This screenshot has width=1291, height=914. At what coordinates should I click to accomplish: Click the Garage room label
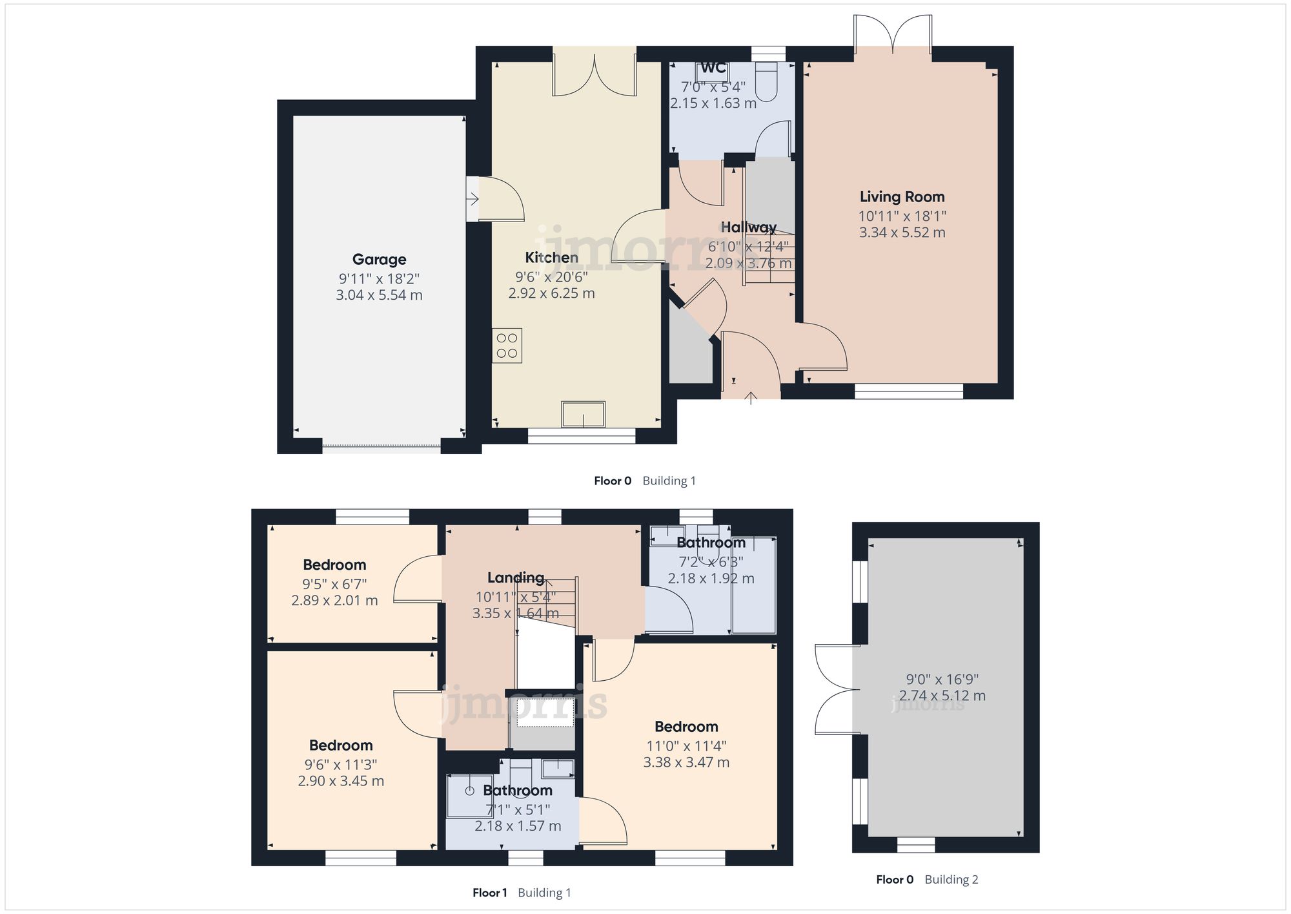[x=379, y=260]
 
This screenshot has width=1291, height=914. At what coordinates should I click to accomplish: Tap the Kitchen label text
[x=551, y=258]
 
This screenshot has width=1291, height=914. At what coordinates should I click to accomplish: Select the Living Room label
[x=902, y=197]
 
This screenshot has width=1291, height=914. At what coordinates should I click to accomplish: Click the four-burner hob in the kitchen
[x=507, y=346]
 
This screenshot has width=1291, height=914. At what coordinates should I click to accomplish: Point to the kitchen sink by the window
[x=583, y=415]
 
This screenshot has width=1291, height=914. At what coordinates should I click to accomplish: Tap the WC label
[x=713, y=68]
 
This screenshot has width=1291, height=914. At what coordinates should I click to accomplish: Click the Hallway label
[x=749, y=227]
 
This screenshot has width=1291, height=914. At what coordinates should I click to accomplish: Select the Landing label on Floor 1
[x=516, y=577]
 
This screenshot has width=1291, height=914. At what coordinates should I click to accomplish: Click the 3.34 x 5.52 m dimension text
[x=902, y=233]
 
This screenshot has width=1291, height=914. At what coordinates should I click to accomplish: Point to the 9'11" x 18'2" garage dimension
[x=379, y=279]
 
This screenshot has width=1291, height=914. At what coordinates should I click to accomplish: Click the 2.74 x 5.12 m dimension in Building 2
[x=942, y=696]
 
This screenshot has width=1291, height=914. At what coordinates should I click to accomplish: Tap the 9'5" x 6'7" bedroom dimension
[x=334, y=584]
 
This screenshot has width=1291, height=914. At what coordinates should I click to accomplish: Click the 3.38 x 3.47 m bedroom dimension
[x=686, y=762]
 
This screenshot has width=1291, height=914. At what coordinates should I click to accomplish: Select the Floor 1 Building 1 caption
[x=522, y=893]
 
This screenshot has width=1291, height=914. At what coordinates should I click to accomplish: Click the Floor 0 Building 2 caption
[x=927, y=879]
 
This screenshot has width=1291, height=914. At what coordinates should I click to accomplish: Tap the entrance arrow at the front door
[x=751, y=398]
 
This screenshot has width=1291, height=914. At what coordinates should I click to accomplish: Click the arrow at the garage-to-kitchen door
[x=473, y=199]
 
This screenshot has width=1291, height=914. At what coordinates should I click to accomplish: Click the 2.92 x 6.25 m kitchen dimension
[x=551, y=293]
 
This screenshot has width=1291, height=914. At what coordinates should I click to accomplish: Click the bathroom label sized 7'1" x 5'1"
[x=518, y=791]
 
